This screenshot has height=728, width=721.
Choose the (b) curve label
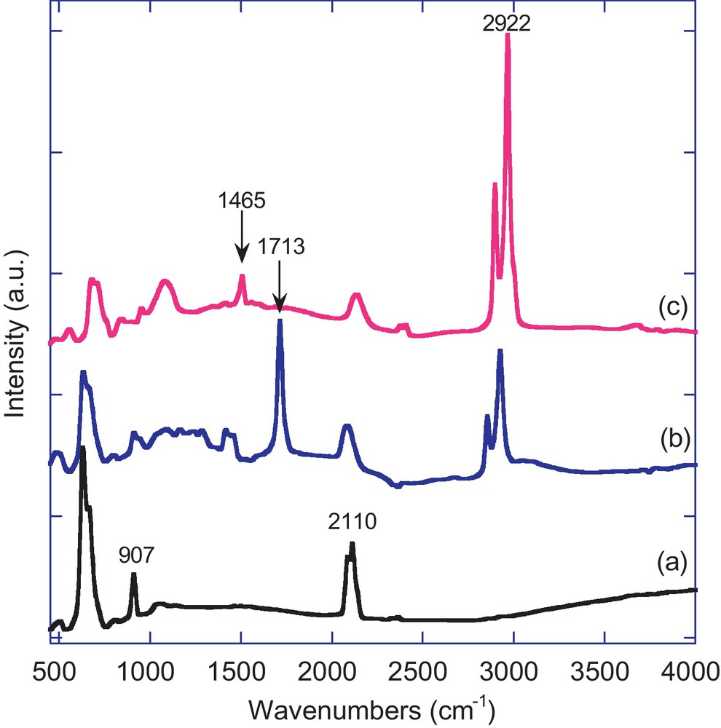point(674,440)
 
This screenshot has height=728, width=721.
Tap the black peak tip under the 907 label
point(133,575)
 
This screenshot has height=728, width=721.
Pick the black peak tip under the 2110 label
point(352,544)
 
